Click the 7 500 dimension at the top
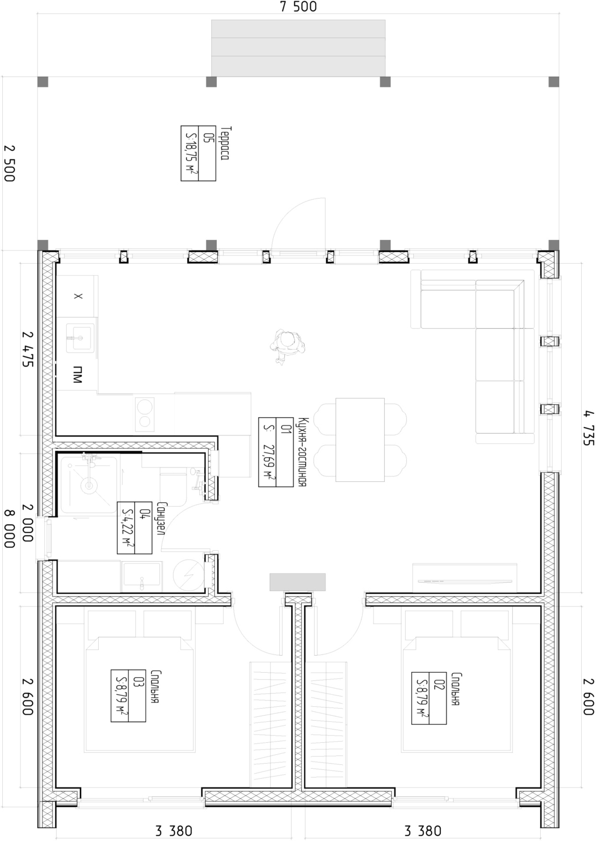click(x=298, y=7)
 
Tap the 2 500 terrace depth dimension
click(x=9, y=164)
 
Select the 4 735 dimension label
click(x=588, y=428)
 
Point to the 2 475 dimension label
click(x=28, y=349)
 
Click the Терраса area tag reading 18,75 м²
click(x=198, y=153)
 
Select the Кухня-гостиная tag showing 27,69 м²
click(x=276, y=452)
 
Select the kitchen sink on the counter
click(x=80, y=338)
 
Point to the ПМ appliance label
click(x=77, y=374)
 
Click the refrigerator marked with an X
click(x=77, y=296)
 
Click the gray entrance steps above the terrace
click(x=298, y=48)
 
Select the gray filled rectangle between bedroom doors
click(x=297, y=582)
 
